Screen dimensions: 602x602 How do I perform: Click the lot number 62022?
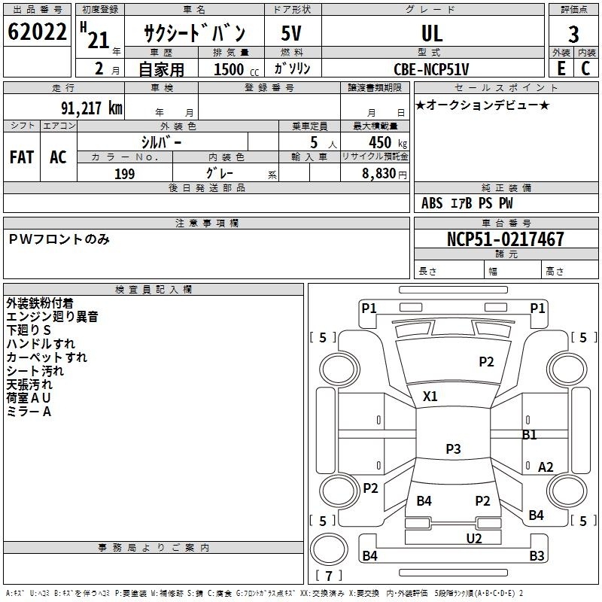tap(37, 32)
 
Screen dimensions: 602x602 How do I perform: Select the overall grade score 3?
tap(573, 35)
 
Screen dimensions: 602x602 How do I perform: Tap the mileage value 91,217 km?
tap(92, 108)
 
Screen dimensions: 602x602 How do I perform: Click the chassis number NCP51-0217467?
tap(506, 239)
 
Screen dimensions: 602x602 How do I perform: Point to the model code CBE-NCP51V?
tap(431, 69)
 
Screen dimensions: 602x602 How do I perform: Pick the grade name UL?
tap(432, 34)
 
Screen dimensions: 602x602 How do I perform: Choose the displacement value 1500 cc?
tap(236, 69)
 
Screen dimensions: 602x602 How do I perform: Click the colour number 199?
tap(125, 174)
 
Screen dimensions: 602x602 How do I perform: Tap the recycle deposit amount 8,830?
tap(379, 174)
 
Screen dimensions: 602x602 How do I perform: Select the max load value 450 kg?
tap(388, 142)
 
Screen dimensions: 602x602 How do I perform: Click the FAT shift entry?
tap(22, 157)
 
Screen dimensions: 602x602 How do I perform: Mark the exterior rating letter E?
tap(561, 68)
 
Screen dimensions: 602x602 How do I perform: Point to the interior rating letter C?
tap(585, 68)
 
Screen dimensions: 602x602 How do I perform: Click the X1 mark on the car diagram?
tap(430, 397)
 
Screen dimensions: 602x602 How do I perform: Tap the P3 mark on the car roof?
tap(453, 448)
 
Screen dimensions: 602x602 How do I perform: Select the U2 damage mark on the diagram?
tap(474, 539)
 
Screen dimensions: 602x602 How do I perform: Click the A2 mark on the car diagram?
tap(546, 467)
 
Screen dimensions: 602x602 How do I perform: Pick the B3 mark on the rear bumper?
tap(537, 555)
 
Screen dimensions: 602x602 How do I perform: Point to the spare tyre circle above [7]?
tap(329, 549)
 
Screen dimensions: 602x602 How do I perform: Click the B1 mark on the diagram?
tap(530, 435)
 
